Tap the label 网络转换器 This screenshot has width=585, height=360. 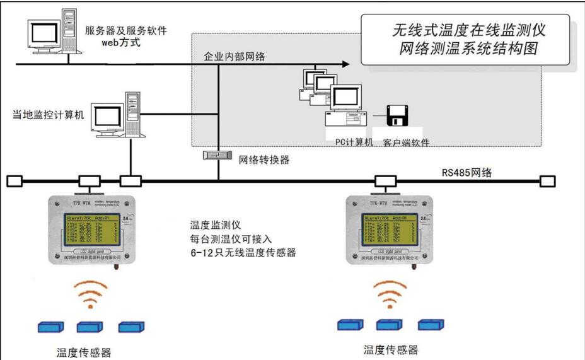264,160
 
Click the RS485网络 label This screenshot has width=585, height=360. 467,171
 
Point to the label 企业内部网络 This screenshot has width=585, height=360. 235,57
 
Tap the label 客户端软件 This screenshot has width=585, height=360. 406,143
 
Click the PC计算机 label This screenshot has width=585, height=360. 354,142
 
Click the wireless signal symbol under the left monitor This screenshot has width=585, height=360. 91,294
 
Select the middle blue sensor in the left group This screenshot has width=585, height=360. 89,327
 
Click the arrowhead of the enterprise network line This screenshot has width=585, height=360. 344,64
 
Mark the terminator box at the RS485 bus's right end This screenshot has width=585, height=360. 547,182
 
